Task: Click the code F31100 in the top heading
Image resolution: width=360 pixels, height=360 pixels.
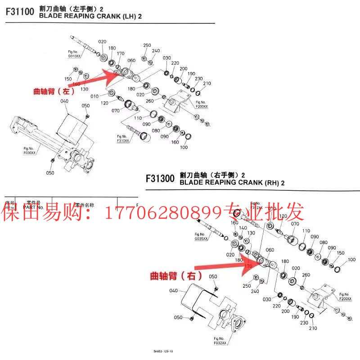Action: pyautogui.click(x=19, y=12)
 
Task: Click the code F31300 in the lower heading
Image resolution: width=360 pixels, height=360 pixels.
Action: pyautogui.click(x=160, y=178)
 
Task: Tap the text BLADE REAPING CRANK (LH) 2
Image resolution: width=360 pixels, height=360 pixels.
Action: pyautogui.click(x=90, y=16)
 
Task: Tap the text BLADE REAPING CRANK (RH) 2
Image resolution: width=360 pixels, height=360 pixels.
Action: pyautogui.click(x=232, y=183)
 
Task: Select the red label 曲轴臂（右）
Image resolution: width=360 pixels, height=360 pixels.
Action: pyautogui.click(x=175, y=275)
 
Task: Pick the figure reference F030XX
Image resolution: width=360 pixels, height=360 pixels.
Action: pyautogui.click(x=30, y=153)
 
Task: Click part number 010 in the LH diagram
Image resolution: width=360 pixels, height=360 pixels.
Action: pyautogui.click(x=94, y=96)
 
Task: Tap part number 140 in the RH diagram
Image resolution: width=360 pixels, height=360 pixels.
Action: pyautogui.click(x=243, y=228)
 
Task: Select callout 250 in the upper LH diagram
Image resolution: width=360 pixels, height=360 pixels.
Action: pyautogui.click(x=147, y=45)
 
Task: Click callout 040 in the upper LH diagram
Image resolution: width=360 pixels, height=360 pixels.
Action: pyautogui.click(x=64, y=101)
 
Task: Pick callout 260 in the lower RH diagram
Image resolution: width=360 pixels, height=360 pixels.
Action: pyautogui.click(x=306, y=275)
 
